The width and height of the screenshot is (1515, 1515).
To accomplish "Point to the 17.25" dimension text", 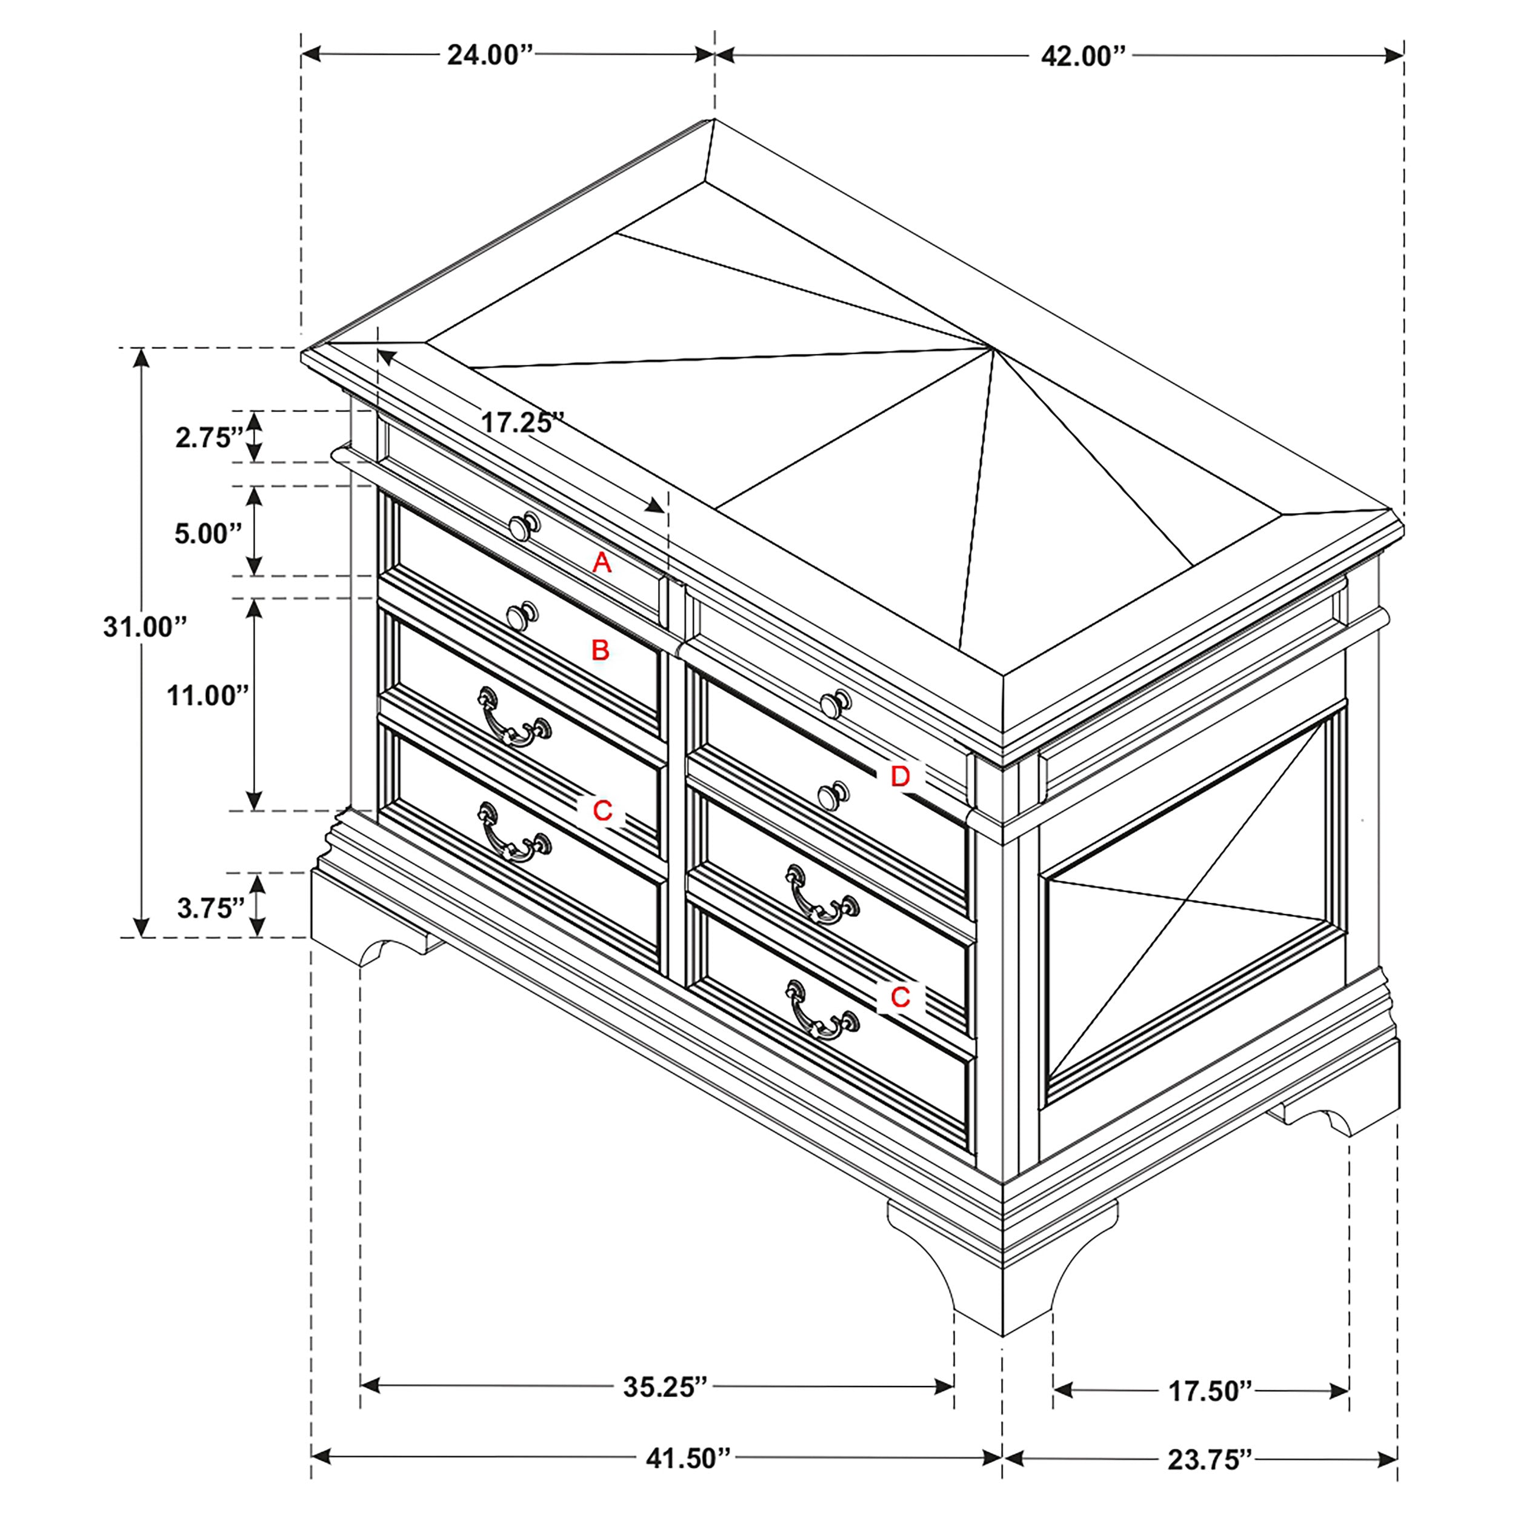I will click(x=522, y=422).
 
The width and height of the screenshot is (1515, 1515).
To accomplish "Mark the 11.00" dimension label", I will click(x=207, y=696).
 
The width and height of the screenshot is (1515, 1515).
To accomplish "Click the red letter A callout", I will click(x=601, y=562).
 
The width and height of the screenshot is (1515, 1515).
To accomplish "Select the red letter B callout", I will click(x=600, y=650).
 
